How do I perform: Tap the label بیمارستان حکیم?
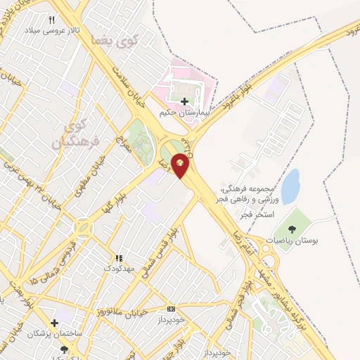coord(184,112)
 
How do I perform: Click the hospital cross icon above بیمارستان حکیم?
coord(185,101)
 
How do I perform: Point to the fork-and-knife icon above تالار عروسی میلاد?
coord(51,21)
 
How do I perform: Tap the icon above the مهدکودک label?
coord(118,259)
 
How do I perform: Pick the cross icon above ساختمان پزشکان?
coord(54,323)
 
